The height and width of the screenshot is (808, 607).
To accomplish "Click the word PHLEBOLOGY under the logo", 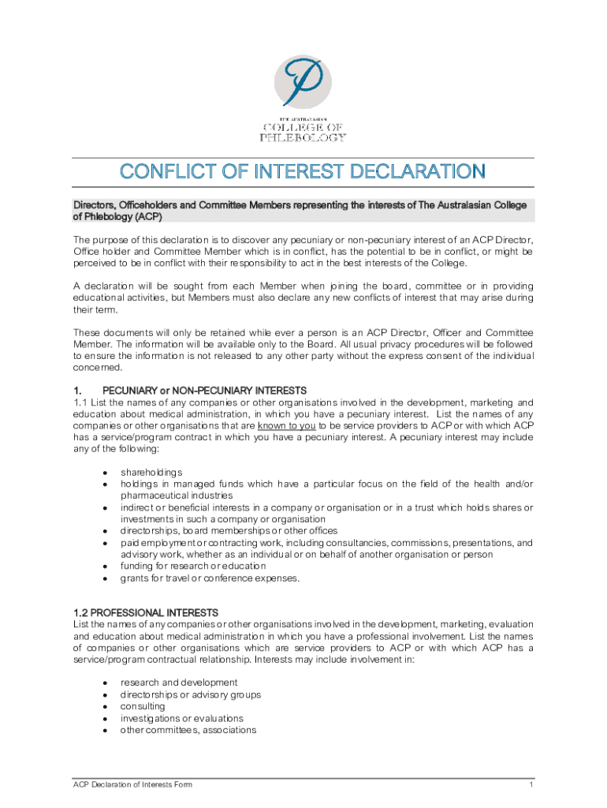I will click(303, 137).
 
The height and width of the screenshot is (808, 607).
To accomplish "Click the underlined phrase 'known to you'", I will click(286, 425).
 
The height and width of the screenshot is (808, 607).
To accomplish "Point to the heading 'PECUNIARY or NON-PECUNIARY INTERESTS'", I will click(204, 391).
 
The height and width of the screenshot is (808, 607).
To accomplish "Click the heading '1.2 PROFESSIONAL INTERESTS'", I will click(146, 613).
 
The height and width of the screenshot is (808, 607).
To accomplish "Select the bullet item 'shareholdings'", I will click(151, 472).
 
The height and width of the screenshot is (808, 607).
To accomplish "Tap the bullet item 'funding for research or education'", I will click(192, 566).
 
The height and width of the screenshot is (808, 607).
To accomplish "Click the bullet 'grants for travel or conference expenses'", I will click(210, 578).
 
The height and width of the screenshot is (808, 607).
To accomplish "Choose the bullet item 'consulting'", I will click(143, 706).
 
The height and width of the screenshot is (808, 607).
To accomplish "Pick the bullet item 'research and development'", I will click(178, 683).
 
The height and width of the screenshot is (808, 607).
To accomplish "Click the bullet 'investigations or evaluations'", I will click(181, 718).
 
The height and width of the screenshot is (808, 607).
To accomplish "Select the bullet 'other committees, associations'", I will click(188, 730).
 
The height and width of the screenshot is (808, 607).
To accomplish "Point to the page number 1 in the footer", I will click(531, 785).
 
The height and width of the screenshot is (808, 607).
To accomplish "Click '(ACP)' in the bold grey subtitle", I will click(147, 216).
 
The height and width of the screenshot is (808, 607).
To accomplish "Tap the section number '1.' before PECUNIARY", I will click(77, 391).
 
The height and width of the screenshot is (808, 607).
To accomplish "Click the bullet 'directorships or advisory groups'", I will click(190, 694).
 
